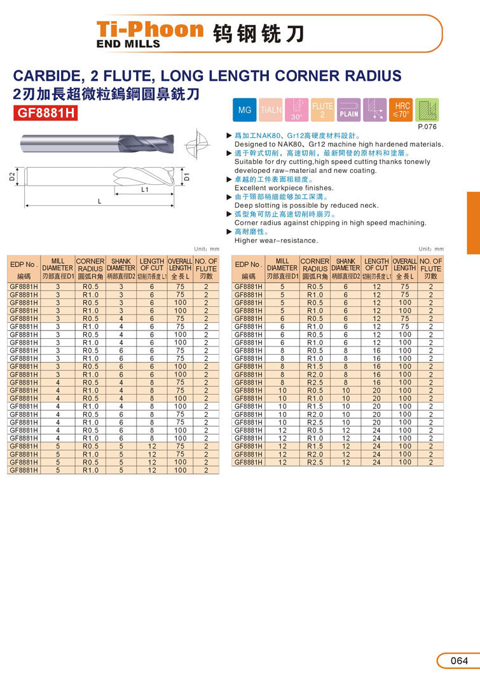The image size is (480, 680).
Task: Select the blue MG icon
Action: (244, 111)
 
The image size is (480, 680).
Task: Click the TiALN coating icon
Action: (271, 111)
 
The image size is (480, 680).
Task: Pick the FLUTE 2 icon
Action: (322, 111)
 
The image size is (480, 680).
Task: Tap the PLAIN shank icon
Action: (348, 111)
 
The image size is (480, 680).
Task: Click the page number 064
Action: (458, 661)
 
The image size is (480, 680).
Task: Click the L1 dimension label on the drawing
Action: (145, 189)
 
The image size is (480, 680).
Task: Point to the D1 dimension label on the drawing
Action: (186, 177)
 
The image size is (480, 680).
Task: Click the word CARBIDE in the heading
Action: (46, 76)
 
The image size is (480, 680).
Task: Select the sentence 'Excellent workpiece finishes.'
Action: (284, 188)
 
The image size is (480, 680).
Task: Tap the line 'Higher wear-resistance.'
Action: (276, 240)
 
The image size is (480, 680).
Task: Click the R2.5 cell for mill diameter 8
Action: (315, 383)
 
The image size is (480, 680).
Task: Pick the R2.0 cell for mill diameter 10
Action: (315, 414)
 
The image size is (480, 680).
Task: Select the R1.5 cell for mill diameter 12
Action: (315, 446)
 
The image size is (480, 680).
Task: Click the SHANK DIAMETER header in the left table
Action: (121, 265)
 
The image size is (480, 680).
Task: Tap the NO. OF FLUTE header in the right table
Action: (430, 265)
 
